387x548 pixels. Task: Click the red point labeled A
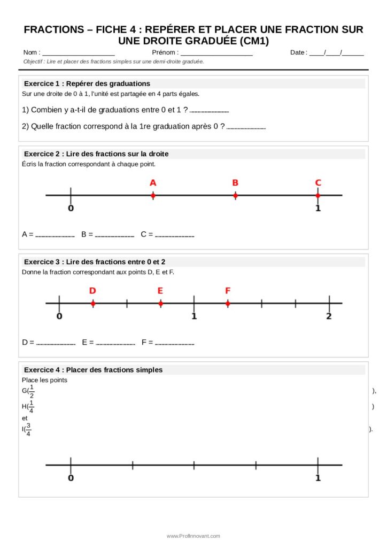coord(153,196)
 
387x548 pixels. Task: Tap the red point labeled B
coord(235,196)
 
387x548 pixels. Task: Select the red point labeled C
coord(318,196)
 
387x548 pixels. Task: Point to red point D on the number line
coord(93,303)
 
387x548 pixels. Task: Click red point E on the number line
coord(160,303)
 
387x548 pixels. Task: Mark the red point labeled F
coord(228,303)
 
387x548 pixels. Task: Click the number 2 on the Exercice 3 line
coord(329,316)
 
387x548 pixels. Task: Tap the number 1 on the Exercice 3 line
coord(194,316)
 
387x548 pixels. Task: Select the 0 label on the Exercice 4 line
coord(71,477)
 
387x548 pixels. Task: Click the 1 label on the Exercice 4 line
coord(318,477)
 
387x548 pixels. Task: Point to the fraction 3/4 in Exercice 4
coord(28,429)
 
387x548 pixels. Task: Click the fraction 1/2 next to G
coord(32,391)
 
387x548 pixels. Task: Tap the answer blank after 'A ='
coord(55,235)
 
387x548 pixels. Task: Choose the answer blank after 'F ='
coord(174,343)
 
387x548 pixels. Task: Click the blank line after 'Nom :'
coord(78,54)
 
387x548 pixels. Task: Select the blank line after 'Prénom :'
coord(216,54)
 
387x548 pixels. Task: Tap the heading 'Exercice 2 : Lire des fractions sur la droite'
coord(96,154)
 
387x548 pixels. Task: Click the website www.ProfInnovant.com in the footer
coord(193,536)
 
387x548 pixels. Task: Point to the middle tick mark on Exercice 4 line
coord(194,466)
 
